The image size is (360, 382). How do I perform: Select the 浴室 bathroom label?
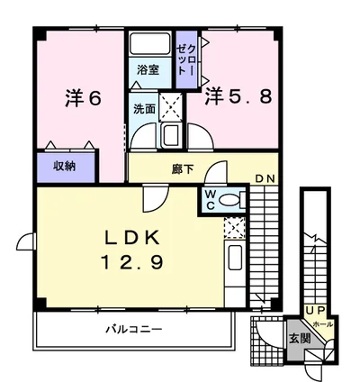[148, 68]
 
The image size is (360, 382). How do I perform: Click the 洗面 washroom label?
[144, 108]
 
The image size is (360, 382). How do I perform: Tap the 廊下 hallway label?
[184, 167]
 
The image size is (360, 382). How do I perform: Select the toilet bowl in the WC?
[230, 199]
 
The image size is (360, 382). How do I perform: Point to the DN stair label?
[264, 178]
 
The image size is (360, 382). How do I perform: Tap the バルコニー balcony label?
[132, 330]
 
